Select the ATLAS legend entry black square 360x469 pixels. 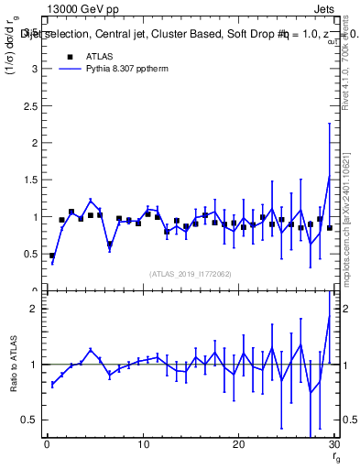point(70,56)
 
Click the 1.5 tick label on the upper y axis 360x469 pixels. point(32,180)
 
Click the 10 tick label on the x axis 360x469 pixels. point(142,445)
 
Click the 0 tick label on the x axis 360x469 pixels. point(47,445)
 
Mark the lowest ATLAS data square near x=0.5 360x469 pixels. point(52,256)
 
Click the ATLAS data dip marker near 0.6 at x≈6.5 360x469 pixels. point(110,245)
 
